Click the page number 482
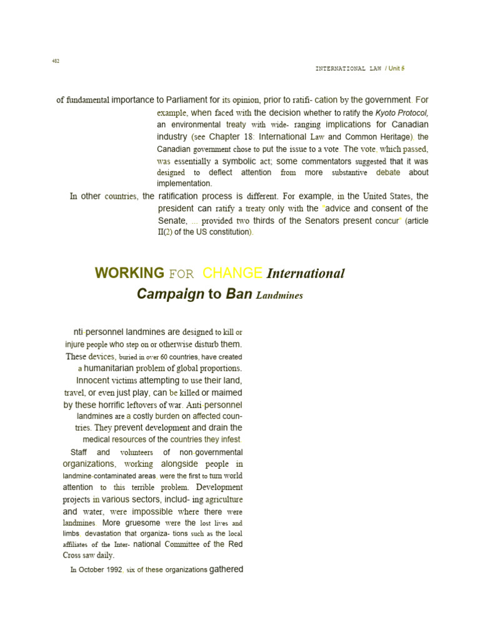point(56,61)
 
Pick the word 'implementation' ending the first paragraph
point(184,184)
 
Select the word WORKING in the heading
point(129,273)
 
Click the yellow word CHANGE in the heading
point(232,273)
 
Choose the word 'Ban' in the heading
point(239,294)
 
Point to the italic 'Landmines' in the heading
point(279,296)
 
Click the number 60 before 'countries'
point(164,357)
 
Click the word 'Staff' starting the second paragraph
point(79,452)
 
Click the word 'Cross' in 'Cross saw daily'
point(74,555)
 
